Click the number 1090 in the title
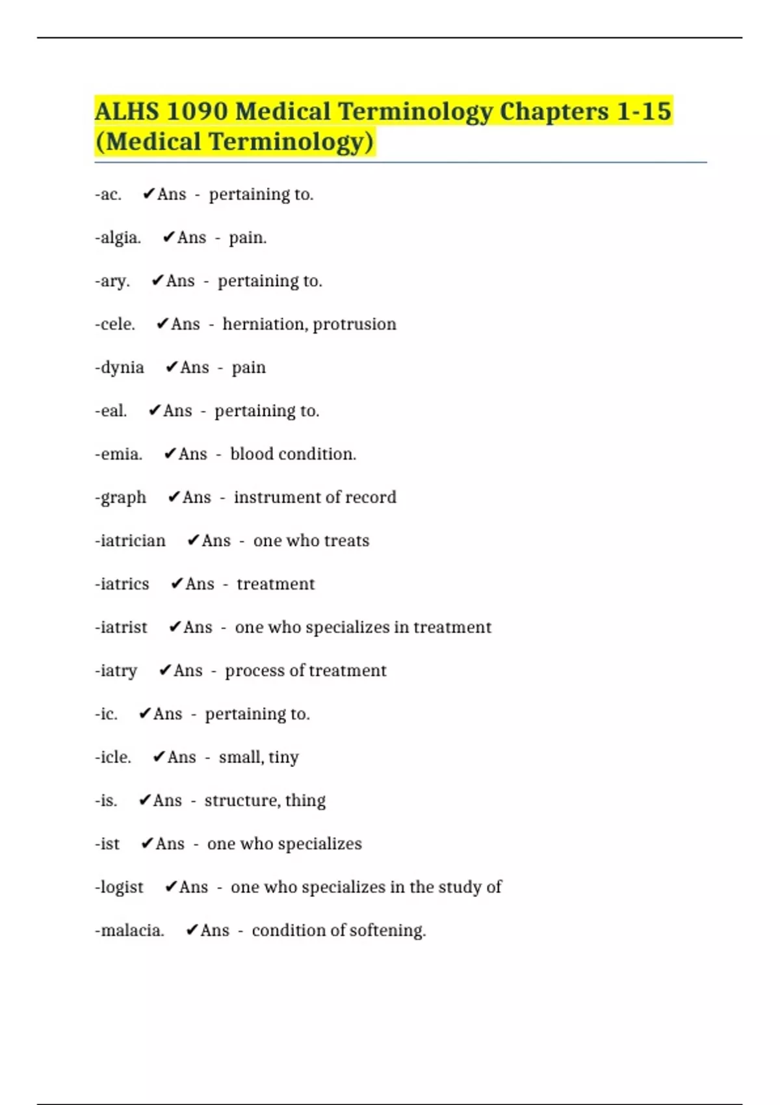coord(196,111)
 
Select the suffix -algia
coord(118,238)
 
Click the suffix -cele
coord(115,324)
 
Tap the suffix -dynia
coord(120,368)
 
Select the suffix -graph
coord(120,498)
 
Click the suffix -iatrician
coord(130,541)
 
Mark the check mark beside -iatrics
coord(177,584)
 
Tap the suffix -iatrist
coord(121,627)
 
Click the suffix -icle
coord(113,757)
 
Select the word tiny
coord(283,758)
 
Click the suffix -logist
coord(119,888)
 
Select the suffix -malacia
coord(129,931)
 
